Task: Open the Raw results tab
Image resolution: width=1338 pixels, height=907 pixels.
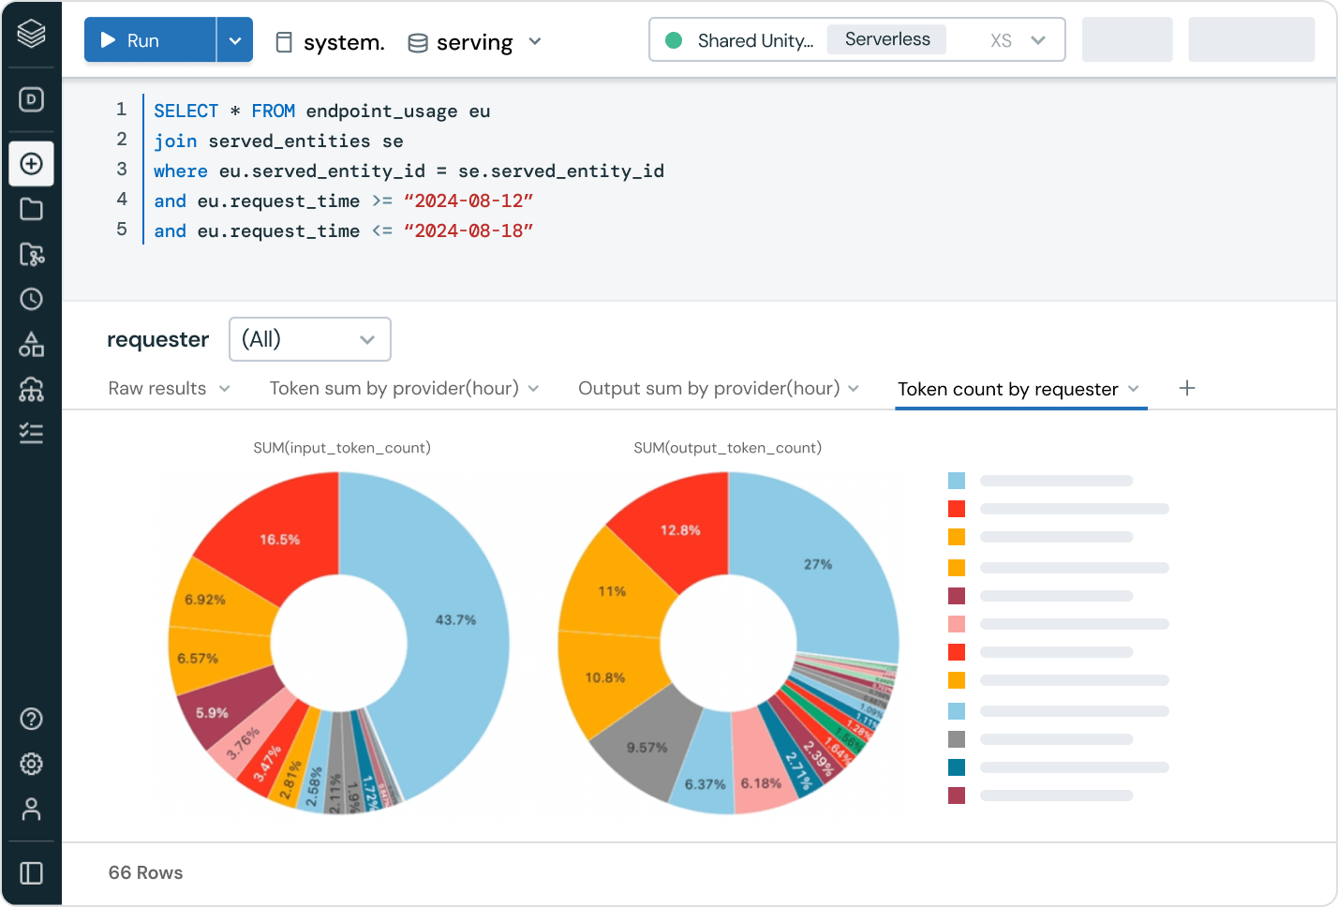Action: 157,389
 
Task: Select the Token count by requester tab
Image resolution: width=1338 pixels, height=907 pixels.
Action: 1007,390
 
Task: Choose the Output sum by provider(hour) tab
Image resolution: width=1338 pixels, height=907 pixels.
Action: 708,389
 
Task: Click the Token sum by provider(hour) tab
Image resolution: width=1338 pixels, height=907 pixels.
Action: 394,389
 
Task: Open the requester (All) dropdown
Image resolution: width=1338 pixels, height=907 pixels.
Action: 309,339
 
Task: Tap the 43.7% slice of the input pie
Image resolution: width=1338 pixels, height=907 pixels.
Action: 455,620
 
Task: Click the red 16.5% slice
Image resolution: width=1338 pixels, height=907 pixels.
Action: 279,540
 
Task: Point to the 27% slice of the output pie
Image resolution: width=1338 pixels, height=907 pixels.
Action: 817,564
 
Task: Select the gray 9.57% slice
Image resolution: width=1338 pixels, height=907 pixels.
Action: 647,747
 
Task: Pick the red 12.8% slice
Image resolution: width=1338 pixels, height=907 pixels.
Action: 680,530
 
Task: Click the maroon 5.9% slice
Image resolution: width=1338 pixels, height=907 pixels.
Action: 213,713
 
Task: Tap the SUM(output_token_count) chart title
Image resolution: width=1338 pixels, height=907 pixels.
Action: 727,448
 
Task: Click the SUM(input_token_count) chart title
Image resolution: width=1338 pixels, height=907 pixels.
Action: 342,448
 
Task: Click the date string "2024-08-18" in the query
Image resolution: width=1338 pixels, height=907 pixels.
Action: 468,231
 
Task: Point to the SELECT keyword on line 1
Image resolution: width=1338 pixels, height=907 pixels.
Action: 186,112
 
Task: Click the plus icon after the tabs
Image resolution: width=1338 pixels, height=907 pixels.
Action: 1187,388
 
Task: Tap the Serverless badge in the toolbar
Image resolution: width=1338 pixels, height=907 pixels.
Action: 886,39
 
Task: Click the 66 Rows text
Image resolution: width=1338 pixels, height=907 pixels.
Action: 145,872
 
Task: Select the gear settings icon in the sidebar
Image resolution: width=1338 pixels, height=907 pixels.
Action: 31,764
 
